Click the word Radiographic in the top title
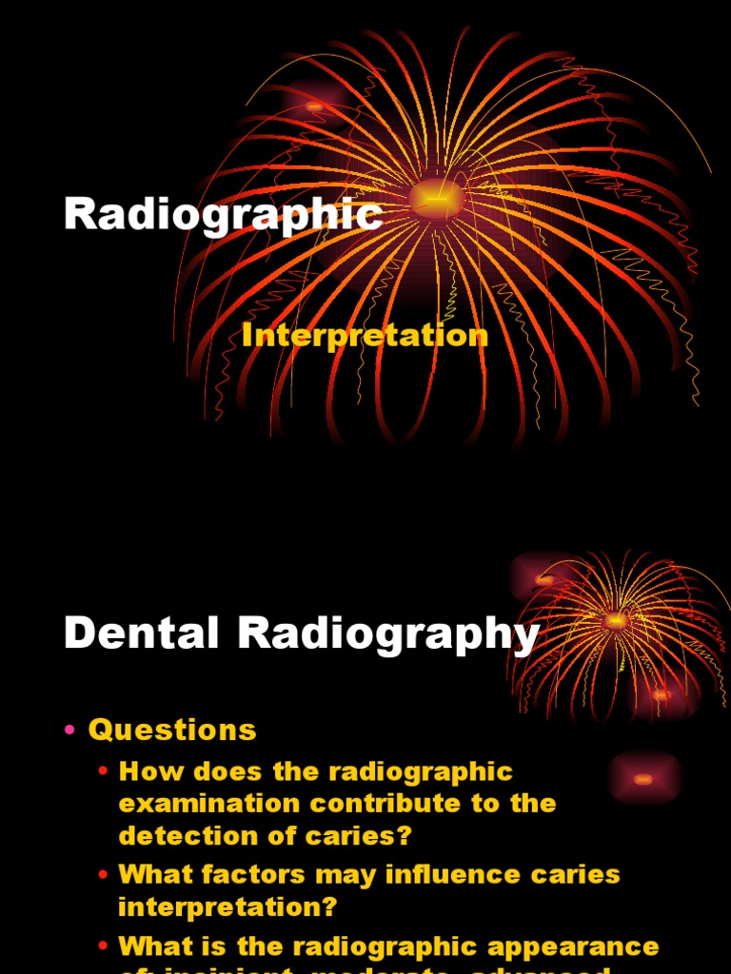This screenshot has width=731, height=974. (x=223, y=215)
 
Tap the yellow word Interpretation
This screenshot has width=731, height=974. (x=365, y=335)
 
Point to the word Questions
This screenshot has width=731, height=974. (x=172, y=730)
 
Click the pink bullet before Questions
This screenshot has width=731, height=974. (x=69, y=730)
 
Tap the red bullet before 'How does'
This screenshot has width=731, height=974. (x=103, y=771)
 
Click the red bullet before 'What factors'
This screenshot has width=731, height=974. (x=103, y=874)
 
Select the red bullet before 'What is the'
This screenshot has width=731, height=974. (x=103, y=946)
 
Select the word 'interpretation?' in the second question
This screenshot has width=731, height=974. (x=227, y=906)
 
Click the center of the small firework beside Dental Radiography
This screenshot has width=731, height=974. (x=615, y=620)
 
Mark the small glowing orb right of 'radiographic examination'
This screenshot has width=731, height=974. (x=643, y=779)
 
